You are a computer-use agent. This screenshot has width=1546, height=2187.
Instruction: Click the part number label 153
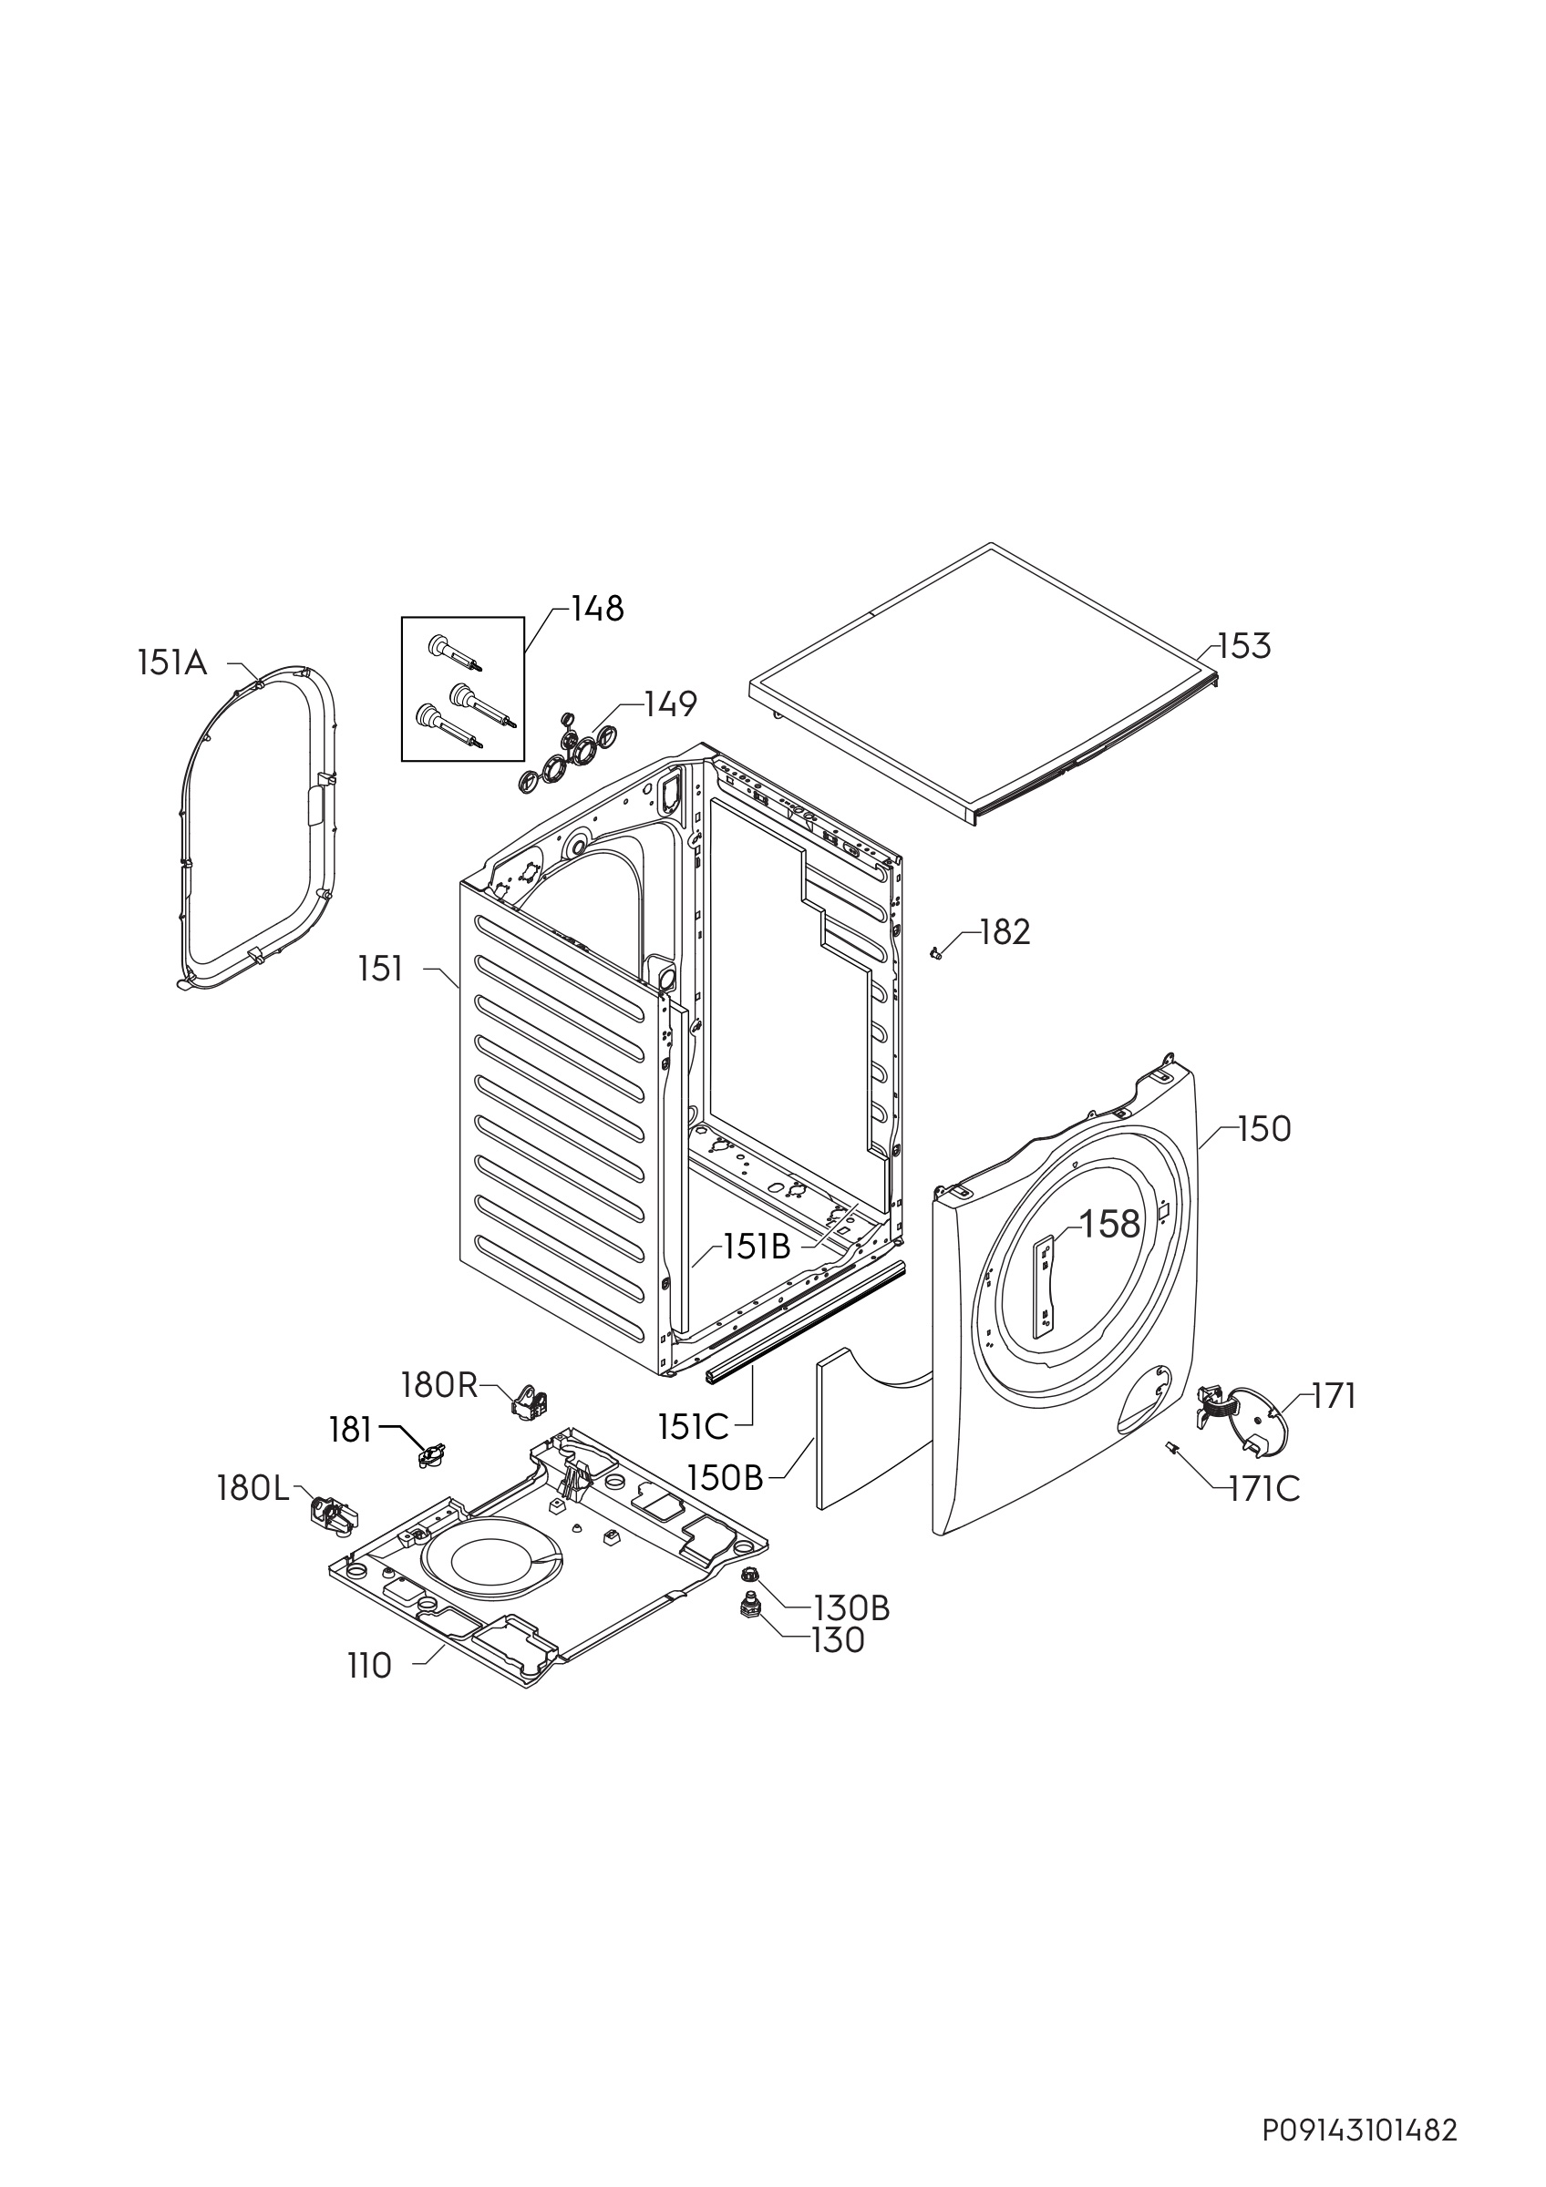click(x=1244, y=647)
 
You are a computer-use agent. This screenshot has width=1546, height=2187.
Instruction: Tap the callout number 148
click(x=597, y=609)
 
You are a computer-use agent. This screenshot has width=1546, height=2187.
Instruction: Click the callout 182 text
click(x=1004, y=932)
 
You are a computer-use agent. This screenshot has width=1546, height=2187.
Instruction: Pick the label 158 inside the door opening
click(x=1109, y=1224)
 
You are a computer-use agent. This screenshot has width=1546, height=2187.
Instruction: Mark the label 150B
click(x=726, y=1477)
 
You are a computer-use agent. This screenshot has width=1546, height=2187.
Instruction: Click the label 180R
click(x=439, y=1386)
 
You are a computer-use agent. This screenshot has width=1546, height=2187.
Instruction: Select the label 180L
click(x=253, y=1489)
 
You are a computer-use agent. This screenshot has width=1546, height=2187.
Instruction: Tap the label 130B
click(x=850, y=1609)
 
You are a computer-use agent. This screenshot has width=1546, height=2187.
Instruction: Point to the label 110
click(x=369, y=1666)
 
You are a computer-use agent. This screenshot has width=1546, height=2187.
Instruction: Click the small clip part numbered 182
click(x=935, y=951)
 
